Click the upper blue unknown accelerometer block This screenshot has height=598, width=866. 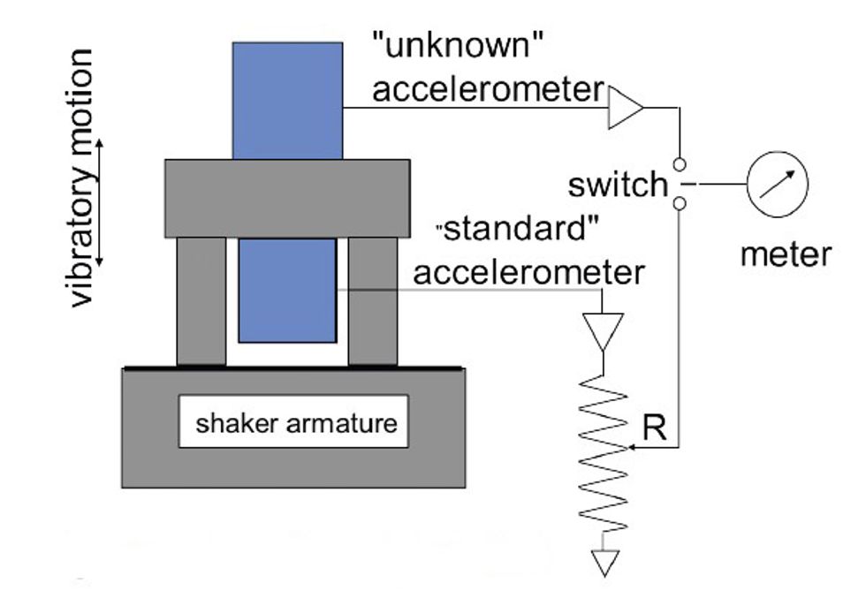click(287, 100)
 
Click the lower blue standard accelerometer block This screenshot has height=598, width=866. click(287, 290)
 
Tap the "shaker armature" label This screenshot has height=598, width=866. click(296, 422)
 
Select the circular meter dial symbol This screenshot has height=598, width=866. click(778, 185)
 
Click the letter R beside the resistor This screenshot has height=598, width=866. click(655, 428)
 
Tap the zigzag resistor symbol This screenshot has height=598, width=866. click(603, 455)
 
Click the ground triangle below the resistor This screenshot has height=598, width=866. click(603, 561)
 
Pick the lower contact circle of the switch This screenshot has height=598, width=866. click(678, 204)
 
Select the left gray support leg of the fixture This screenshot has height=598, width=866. click(201, 300)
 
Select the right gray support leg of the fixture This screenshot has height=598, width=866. click(372, 300)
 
